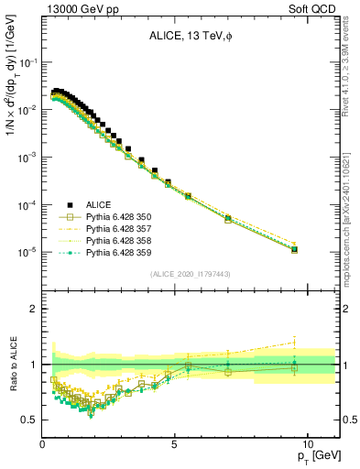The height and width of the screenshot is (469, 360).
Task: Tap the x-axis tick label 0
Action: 42,444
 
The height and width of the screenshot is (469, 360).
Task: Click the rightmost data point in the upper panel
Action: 293,248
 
